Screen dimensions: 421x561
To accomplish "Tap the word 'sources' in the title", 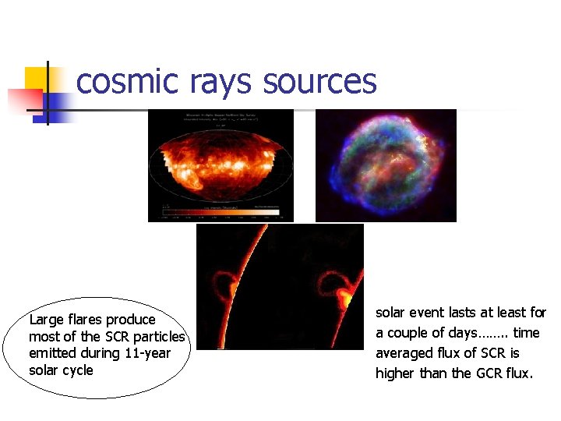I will [x=320, y=82].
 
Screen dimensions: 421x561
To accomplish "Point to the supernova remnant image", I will [x=385, y=165].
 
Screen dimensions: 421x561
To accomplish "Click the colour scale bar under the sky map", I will [x=221, y=210].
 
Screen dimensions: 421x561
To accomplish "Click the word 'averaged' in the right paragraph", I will [x=402, y=353].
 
